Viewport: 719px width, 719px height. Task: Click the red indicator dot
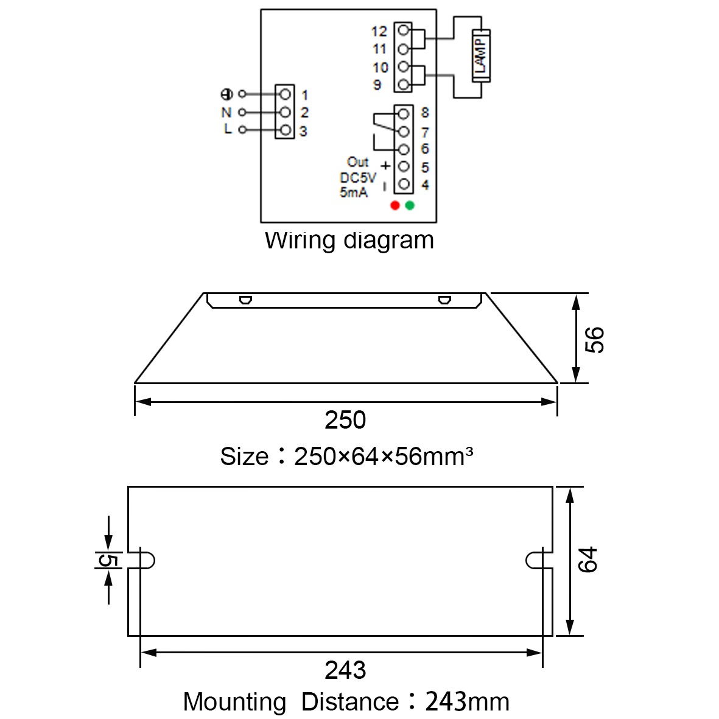click(395, 205)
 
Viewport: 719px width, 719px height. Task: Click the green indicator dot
click(410, 205)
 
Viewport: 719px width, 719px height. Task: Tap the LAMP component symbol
click(481, 56)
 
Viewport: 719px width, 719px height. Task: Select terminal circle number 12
click(404, 30)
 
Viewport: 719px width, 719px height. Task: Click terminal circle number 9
click(404, 85)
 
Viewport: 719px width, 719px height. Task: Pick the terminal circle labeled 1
click(285, 94)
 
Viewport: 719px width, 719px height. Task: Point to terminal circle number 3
click(285, 130)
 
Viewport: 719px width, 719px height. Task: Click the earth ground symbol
click(226, 94)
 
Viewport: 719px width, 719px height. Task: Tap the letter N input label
click(226, 113)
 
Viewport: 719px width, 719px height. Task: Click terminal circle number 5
click(404, 166)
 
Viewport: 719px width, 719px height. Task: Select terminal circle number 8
click(404, 114)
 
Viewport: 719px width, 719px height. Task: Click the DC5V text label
click(357, 177)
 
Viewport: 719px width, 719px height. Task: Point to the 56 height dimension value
click(595, 340)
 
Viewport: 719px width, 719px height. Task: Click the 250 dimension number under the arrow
click(345, 419)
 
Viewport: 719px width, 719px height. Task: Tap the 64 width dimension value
click(588, 559)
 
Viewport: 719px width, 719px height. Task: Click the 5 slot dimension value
click(109, 560)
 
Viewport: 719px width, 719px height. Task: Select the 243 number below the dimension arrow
click(345, 670)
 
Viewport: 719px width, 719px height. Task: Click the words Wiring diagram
click(349, 240)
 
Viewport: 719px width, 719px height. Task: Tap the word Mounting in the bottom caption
click(234, 702)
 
